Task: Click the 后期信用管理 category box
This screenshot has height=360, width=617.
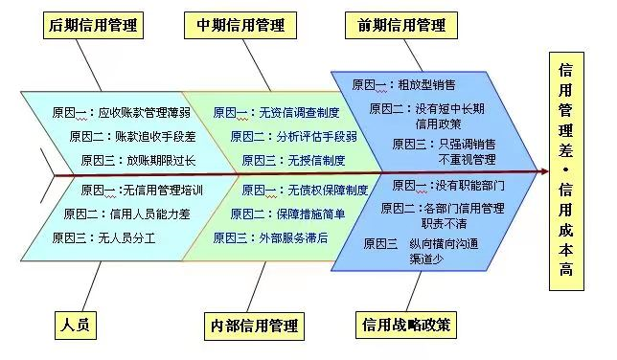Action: (92, 25)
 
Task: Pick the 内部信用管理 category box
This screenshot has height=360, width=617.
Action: (252, 326)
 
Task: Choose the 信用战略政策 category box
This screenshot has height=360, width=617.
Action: (406, 325)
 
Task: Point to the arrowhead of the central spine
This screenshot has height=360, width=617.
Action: (543, 172)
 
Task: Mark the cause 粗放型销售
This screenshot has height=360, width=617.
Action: (427, 85)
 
